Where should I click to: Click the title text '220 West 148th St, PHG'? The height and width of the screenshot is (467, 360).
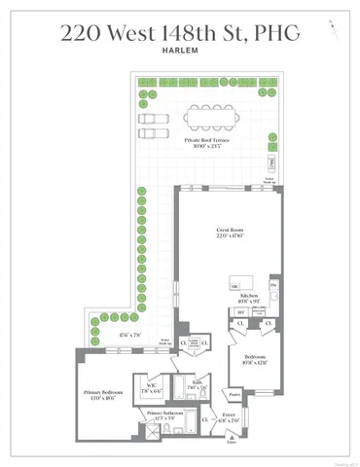[x=180, y=34]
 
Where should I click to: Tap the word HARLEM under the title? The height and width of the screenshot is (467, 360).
[x=180, y=54]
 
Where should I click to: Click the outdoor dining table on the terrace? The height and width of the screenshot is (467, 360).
[x=214, y=117]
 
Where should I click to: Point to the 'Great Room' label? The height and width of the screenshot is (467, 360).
[x=229, y=231]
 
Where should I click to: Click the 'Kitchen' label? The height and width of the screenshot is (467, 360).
[x=247, y=298]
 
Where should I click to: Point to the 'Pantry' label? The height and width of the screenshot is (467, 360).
[x=234, y=395]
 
